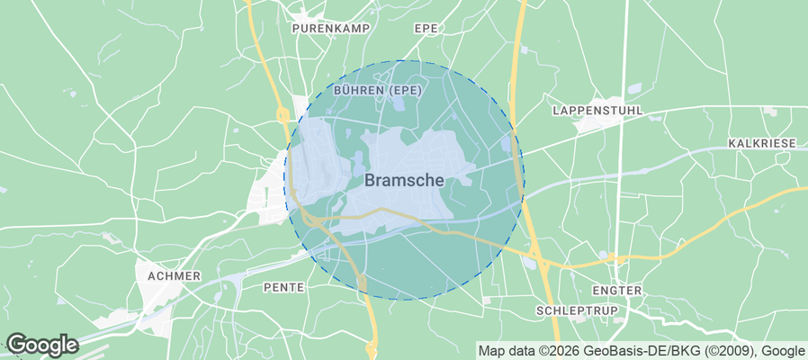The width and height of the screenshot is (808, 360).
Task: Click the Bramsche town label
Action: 404,180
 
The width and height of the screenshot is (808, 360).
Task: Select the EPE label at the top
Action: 426,29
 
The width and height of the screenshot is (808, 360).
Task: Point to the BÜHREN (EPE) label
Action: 377,91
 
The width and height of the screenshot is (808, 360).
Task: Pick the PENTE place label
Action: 284,287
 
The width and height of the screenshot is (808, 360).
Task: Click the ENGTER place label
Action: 617,291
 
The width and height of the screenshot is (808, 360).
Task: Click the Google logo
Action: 41,345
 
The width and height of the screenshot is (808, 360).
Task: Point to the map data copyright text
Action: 642,351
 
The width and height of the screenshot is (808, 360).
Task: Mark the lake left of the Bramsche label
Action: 357,165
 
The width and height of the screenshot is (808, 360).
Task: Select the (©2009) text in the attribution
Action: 732,351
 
